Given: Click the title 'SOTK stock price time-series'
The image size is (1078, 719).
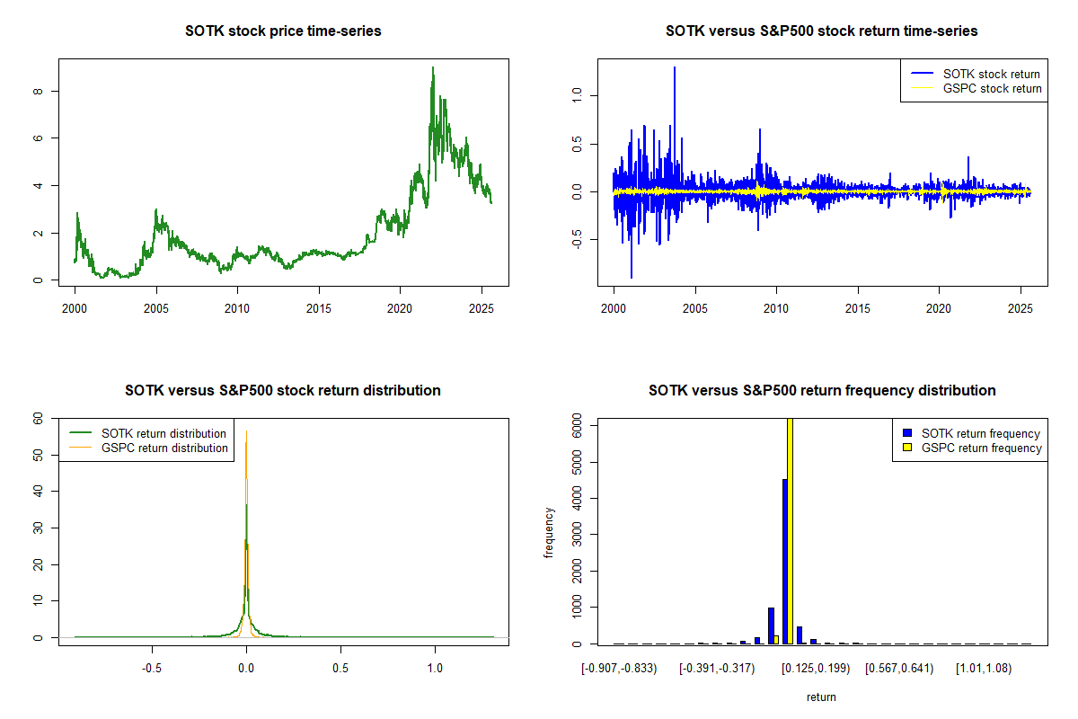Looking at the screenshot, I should pyautogui.click(x=283, y=31).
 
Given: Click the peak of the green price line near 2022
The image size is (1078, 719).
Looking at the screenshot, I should pyautogui.click(x=432, y=68).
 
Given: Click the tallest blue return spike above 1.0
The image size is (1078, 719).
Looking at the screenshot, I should pyautogui.click(x=675, y=68).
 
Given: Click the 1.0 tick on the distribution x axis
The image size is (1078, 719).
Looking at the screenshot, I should pyautogui.click(x=435, y=670).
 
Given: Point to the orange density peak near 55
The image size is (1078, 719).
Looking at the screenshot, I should pyautogui.click(x=246, y=433).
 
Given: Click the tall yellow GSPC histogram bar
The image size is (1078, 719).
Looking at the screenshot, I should pyautogui.click(x=791, y=530).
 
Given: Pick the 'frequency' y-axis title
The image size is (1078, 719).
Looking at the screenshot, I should pyautogui.click(x=549, y=532).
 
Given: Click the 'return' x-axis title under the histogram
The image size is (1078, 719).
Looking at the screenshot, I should pyautogui.click(x=821, y=697).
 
